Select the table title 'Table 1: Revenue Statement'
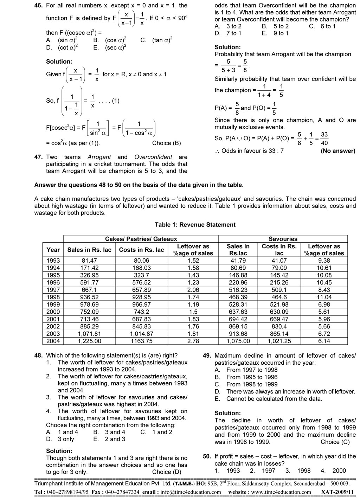coord(195,225)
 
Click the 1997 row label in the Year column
coord(53,290)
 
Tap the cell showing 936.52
coord(89,297)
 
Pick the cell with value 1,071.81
coord(89,334)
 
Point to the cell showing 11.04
coord(324,297)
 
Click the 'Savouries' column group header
coord(283,239)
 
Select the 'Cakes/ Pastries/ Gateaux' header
coord(141,239)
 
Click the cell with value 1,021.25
coord(279,341)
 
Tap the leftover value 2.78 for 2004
coord(193,341)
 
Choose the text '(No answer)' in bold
coord(338,151)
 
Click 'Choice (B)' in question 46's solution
coord(166,143)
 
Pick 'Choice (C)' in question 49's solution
coord(335,442)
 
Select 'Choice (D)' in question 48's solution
coord(167,472)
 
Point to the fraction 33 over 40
coord(324,139)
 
